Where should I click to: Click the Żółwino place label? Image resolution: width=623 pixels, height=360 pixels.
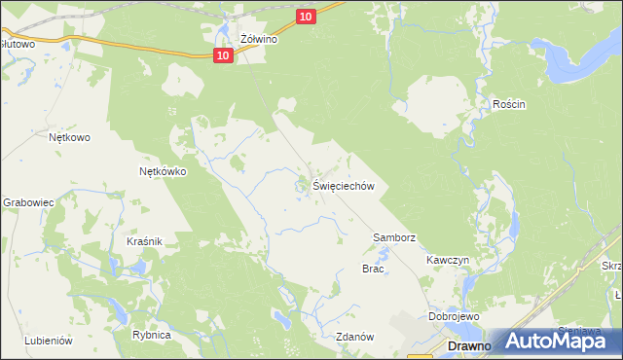tap(260, 40)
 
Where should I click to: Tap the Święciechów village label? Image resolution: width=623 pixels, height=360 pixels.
tap(344, 186)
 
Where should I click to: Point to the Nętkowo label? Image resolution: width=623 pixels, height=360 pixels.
tap(69, 137)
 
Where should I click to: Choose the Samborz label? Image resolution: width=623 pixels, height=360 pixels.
tap(395, 237)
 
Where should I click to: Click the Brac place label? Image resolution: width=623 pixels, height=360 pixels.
tap(373, 269)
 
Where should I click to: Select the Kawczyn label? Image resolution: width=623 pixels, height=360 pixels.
tap(448, 261)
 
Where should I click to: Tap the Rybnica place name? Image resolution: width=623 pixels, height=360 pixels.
tap(152, 335)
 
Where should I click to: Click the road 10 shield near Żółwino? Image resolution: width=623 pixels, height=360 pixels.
tap(224, 56)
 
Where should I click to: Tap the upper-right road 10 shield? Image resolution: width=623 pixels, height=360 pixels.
tap(306, 16)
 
